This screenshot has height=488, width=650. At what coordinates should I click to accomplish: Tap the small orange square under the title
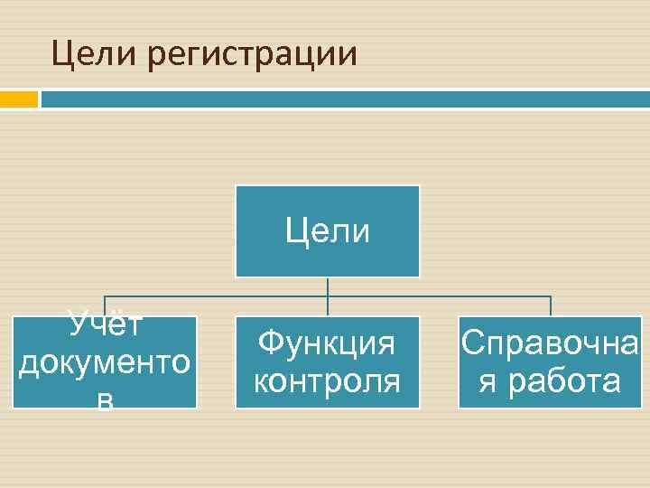pyautogui.click(x=18, y=98)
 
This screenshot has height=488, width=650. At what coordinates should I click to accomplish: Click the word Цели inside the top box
pyautogui.click(x=327, y=231)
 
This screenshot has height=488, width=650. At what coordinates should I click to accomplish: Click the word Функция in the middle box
pyautogui.click(x=327, y=343)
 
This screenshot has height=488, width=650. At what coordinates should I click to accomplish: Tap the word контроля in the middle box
pyautogui.click(x=327, y=380)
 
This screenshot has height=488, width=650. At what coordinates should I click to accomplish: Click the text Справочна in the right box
pyautogui.click(x=550, y=343)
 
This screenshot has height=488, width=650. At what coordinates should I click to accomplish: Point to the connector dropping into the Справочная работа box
pyautogui.click(x=550, y=305)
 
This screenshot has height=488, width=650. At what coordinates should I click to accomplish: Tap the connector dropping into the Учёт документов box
pyautogui.click(x=105, y=305)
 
